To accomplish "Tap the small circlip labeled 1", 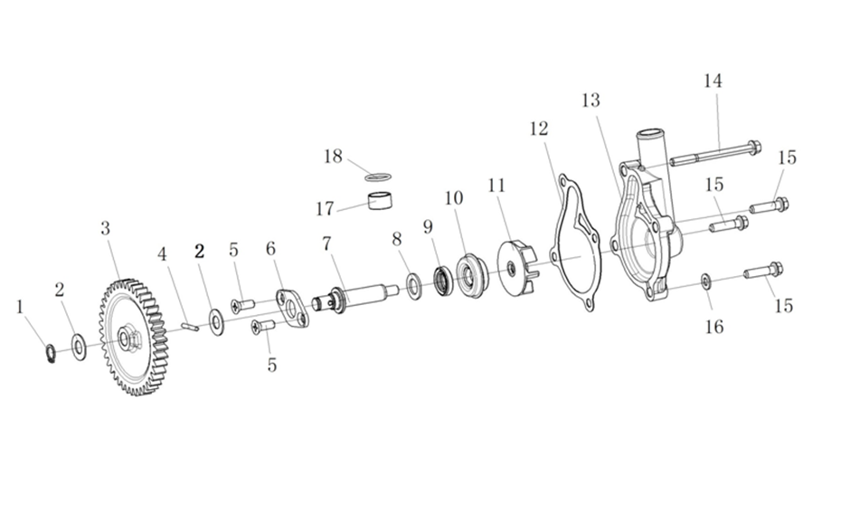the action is coord(51,353).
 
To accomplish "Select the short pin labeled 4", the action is coord(190,326).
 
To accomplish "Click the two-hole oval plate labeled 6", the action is coord(293,310).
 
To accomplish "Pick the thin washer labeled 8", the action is coord(414,286).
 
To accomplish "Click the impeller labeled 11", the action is coord(516,269).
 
